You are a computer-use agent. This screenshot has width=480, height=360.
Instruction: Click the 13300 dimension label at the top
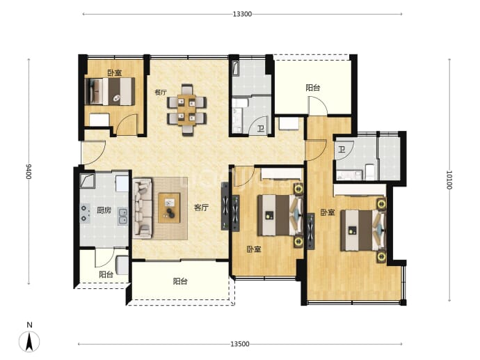242,14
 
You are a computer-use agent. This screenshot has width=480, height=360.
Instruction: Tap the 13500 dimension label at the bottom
240,344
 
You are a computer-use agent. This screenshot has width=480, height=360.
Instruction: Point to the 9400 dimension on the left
29,171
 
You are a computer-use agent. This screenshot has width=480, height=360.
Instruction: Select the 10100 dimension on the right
449,180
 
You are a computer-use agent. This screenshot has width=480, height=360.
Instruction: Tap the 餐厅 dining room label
161,92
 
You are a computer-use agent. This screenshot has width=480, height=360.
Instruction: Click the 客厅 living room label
201,208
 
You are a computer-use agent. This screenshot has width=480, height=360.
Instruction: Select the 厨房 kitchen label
104,210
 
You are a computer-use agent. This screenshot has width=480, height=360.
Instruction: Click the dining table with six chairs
186,110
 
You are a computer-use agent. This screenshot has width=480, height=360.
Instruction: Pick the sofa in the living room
143,208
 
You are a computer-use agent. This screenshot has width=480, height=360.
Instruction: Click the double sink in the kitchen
122,217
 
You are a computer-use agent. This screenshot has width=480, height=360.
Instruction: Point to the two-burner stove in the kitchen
85,213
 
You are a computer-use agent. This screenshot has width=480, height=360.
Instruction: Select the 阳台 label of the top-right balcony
313,88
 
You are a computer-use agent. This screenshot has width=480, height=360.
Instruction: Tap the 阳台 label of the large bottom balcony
180,281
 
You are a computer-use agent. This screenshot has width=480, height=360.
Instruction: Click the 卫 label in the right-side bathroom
342,150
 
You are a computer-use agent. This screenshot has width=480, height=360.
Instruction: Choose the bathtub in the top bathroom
236,68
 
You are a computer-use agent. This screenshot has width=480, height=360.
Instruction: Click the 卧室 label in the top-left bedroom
115,73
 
